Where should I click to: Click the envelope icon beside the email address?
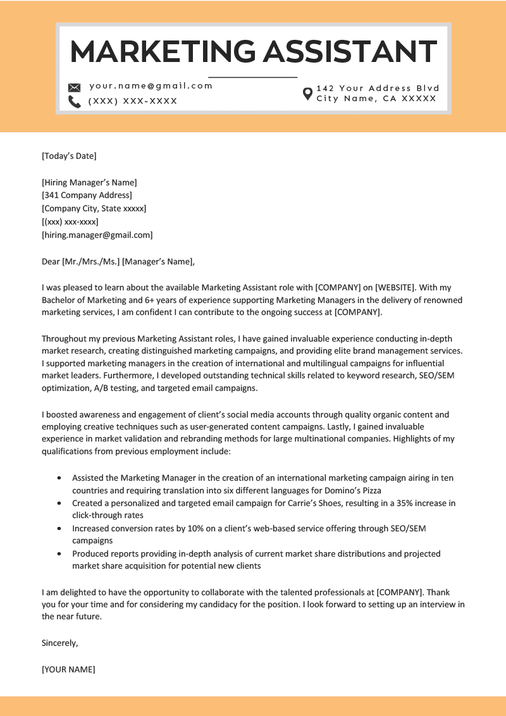tap(75, 87)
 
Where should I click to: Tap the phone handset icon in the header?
tap(75, 102)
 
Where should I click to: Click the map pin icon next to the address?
tap(308, 94)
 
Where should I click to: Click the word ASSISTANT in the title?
tap(350, 51)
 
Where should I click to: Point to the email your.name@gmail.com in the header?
tap(151, 86)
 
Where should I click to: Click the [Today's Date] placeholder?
tap(69, 156)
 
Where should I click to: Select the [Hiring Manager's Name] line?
tap(89, 182)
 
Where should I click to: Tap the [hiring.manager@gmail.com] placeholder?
tap(97, 235)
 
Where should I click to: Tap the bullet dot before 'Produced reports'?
tap(59, 553)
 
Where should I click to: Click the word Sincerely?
tap(60, 643)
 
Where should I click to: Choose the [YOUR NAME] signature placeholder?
tap(68, 669)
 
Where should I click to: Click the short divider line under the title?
tap(253, 77)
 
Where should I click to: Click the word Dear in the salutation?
tap(51, 261)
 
